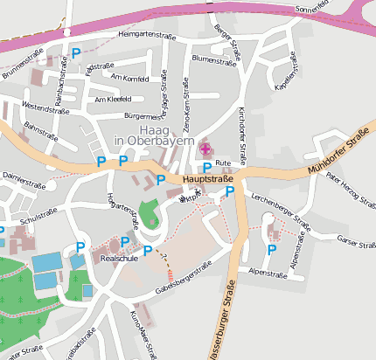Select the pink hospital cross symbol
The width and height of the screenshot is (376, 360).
[205, 149]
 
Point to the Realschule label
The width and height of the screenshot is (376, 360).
[119, 260]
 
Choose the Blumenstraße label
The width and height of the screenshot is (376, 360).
[215, 61]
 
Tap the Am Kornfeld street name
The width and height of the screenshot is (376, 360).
[130, 78]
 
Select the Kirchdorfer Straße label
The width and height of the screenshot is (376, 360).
[242, 132]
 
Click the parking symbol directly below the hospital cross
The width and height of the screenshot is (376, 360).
[206, 167]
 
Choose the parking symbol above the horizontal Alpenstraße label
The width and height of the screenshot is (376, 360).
[271, 250]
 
